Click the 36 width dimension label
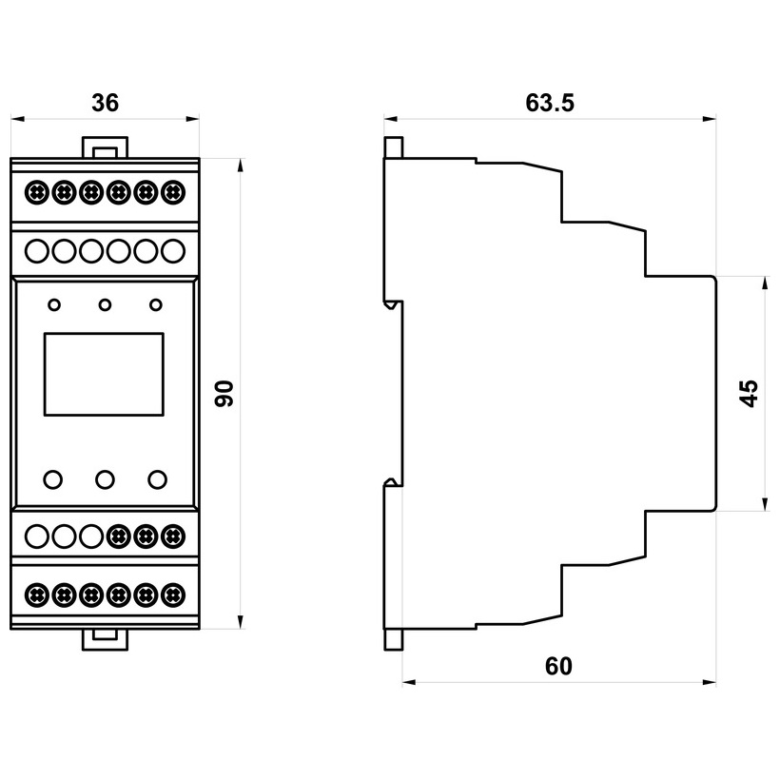(105, 103)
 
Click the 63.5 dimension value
(550, 103)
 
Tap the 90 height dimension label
(224, 394)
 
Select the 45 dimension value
(750, 394)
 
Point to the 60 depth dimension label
(559, 667)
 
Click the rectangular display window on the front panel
(105, 374)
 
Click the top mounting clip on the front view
(105, 147)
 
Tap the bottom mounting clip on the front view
(105, 637)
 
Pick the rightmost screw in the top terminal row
(172, 192)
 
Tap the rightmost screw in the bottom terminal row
(172, 595)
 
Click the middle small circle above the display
(105, 305)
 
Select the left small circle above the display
(54, 305)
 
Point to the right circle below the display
(156, 478)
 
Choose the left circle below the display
(54, 478)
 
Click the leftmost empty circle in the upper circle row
(36, 251)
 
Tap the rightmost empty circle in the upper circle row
(172, 251)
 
